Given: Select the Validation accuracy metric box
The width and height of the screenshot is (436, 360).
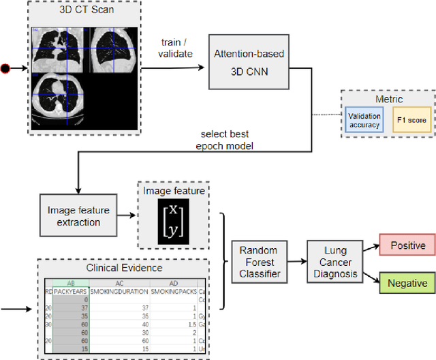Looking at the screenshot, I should pos(364,120).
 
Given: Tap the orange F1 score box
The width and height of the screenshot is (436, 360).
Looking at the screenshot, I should pos(411,120).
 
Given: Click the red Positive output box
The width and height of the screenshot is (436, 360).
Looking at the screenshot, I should pos(407,245).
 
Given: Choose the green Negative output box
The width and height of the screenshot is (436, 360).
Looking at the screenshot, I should pos(407,283).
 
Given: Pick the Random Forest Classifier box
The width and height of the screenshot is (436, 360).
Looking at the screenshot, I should pos(259,262).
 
